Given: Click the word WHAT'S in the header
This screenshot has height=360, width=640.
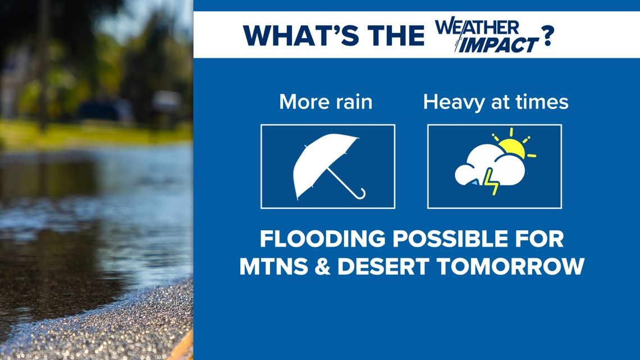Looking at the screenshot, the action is (301, 35).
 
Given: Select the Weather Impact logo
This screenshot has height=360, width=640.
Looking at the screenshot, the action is (487, 35).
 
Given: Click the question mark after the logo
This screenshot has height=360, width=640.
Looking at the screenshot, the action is (547, 35).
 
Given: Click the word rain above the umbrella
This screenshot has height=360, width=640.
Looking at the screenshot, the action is (351, 102).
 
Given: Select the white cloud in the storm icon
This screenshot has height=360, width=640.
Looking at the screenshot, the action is (490, 166).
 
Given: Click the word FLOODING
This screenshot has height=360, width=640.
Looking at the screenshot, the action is (322, 239).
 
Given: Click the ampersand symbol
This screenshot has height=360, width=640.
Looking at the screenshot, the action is (322, 267).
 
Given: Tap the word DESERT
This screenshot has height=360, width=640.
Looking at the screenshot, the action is (383, 267).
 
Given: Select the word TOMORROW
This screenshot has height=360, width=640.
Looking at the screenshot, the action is (511, 267).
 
